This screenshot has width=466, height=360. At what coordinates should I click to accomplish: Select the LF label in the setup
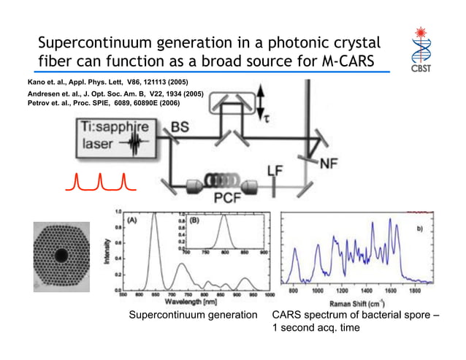(275, 171)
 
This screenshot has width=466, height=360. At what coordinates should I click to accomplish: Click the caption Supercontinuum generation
(193, 315)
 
